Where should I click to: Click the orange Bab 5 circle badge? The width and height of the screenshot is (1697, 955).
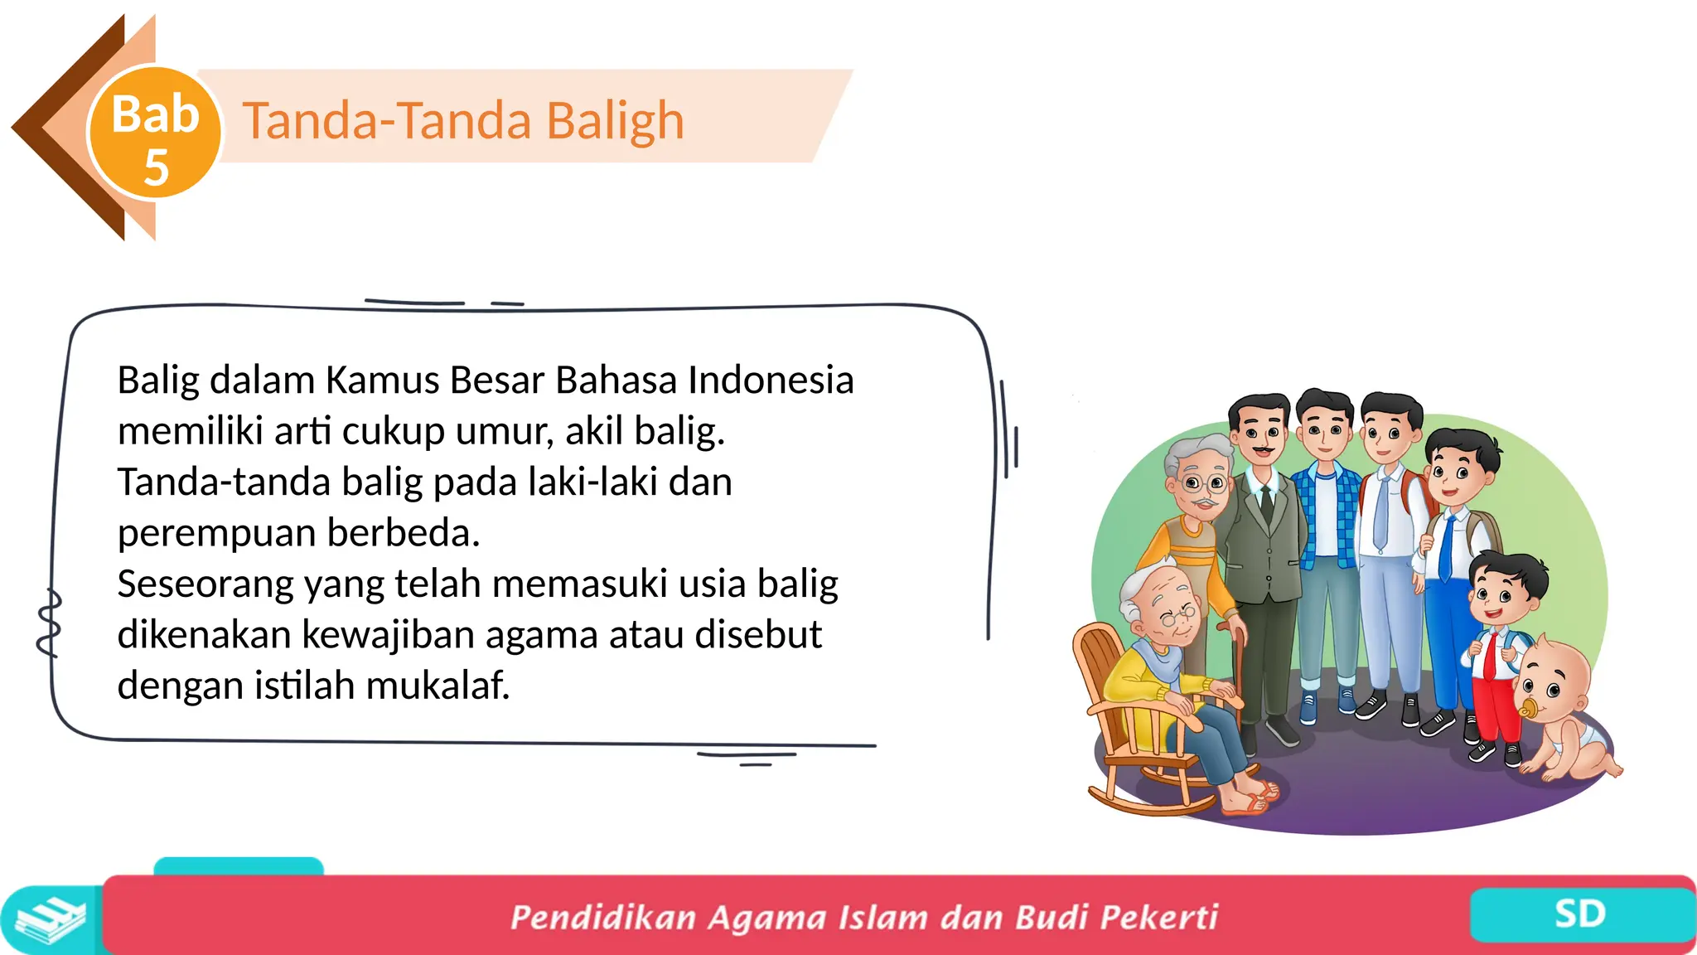[x=155, y=133]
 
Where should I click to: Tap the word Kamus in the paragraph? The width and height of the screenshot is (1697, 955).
[x=382, y=381]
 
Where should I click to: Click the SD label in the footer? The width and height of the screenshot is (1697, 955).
[x=1579, y=914]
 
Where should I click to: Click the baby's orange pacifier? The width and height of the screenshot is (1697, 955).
[x=1527, y=710]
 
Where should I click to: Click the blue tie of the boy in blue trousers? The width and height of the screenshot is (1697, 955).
[x=1446, y=547]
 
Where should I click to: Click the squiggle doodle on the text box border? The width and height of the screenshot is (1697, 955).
[x=50, y=622]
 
